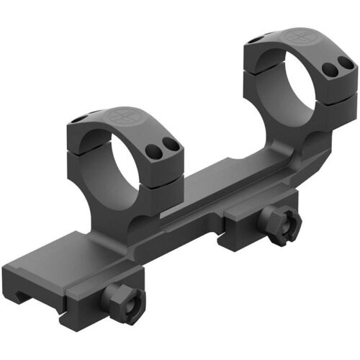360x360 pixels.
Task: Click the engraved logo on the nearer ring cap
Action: click(120, 116)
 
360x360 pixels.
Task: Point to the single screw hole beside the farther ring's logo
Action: click(258, 36)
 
